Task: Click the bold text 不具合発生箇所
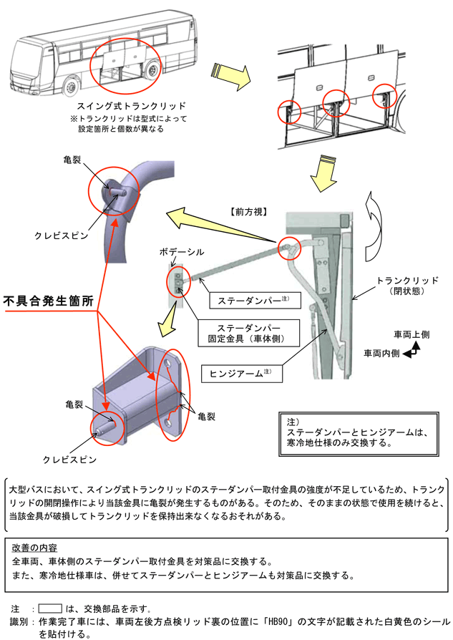(x=49, y=301)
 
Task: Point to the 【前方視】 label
(x=248, y=212)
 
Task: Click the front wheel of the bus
(x=71, y=87)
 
